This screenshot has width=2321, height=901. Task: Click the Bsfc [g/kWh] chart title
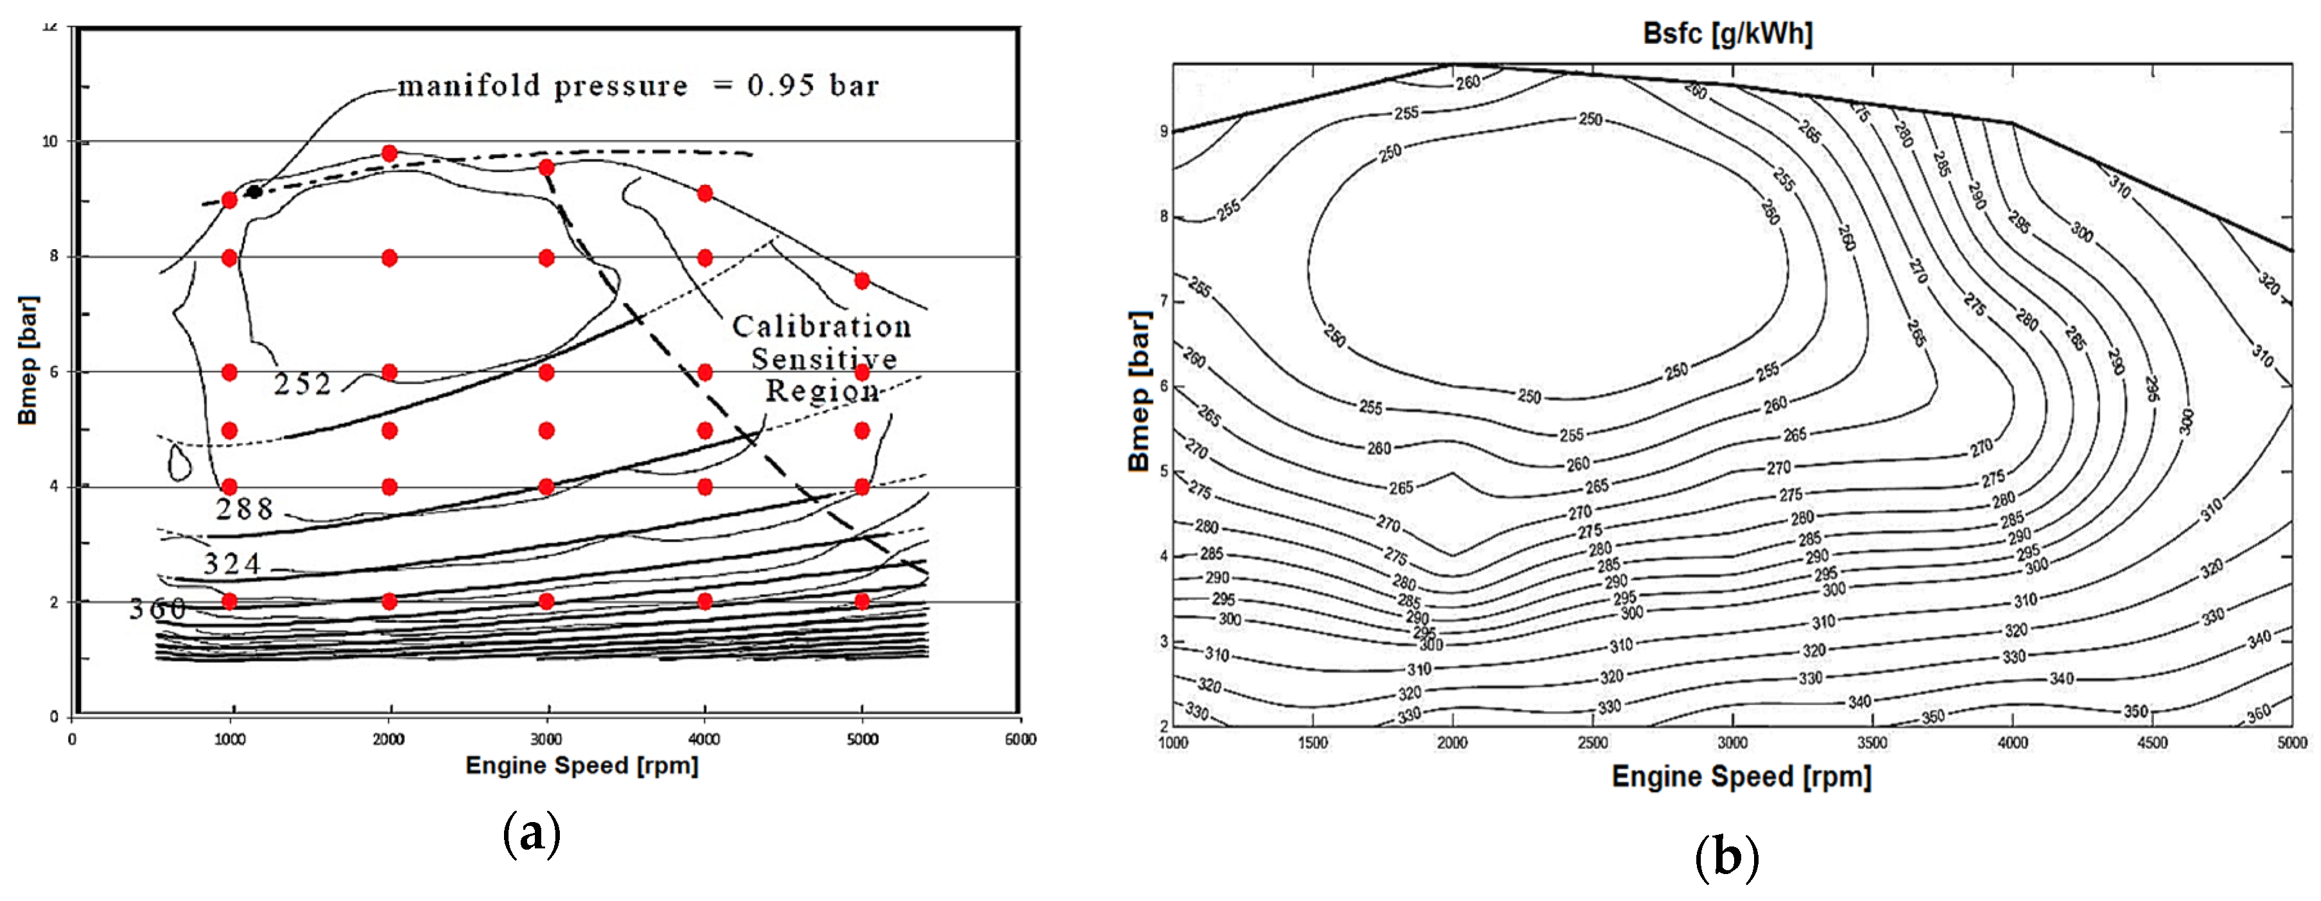[x=1726, y=33]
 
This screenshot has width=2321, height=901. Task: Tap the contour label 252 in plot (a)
[x=303, y=385]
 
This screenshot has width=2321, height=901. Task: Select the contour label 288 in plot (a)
[x=244, y=509]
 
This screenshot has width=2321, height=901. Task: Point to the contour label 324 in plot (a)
[x=232, y=564]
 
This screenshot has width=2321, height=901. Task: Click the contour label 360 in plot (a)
[x=158, y=609]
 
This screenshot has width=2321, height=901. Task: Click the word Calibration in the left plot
[x=821, y=326]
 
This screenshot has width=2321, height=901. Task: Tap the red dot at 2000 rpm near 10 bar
[x=389, y=153]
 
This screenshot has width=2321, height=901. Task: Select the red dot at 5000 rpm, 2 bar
[x=862, y=601]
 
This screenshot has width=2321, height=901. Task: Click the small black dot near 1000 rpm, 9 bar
[x=254, y=191]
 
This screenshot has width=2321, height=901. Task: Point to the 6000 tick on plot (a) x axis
[x=1020, y=739]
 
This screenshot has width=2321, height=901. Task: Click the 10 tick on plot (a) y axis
[x=51, y=141]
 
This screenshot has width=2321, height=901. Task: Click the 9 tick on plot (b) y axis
[x=1163, y=132]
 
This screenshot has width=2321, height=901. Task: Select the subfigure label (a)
[x=531, y=834]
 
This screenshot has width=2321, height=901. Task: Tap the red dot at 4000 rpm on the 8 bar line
[x=704, y=258]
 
